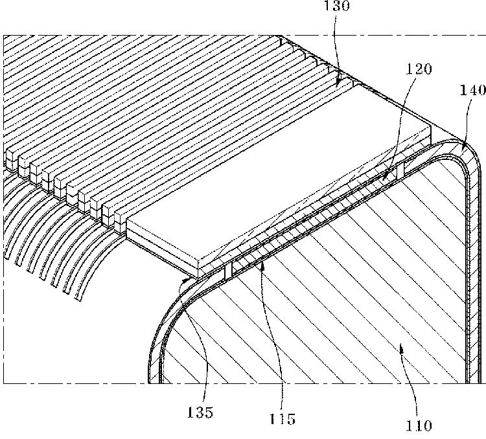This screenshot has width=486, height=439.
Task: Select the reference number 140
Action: coord(472,91)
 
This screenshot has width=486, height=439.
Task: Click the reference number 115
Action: coord(283,419)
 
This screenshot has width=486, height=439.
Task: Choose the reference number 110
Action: coord(419,426)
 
